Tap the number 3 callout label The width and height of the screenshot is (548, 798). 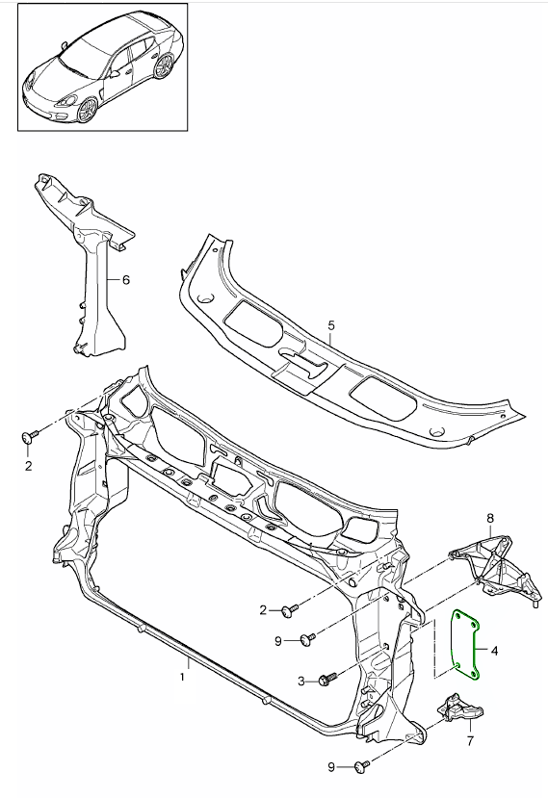pyautogui.click(x=301, y=681)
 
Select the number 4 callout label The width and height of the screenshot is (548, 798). pyautogui.click(x=495, y=652)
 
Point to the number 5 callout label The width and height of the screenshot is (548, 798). pyautogui.click(x=330, y=325)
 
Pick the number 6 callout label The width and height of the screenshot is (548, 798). pyautogui.click(x=124, y=281)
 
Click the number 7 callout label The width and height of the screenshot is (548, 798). pyautogui.click(x=469, y=741)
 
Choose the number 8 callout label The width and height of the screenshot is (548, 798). pyautogui.click(x=489, y=519)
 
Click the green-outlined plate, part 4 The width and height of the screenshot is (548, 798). pyautogui.click(x=468, y=643)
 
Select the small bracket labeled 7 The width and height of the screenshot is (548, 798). pyautogui.click(x=457, y=712)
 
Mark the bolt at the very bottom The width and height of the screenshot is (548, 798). pyautogui.click(x=361, y=766)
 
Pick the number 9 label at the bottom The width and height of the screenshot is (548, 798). pyautogui.click(x=330, y=766)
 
